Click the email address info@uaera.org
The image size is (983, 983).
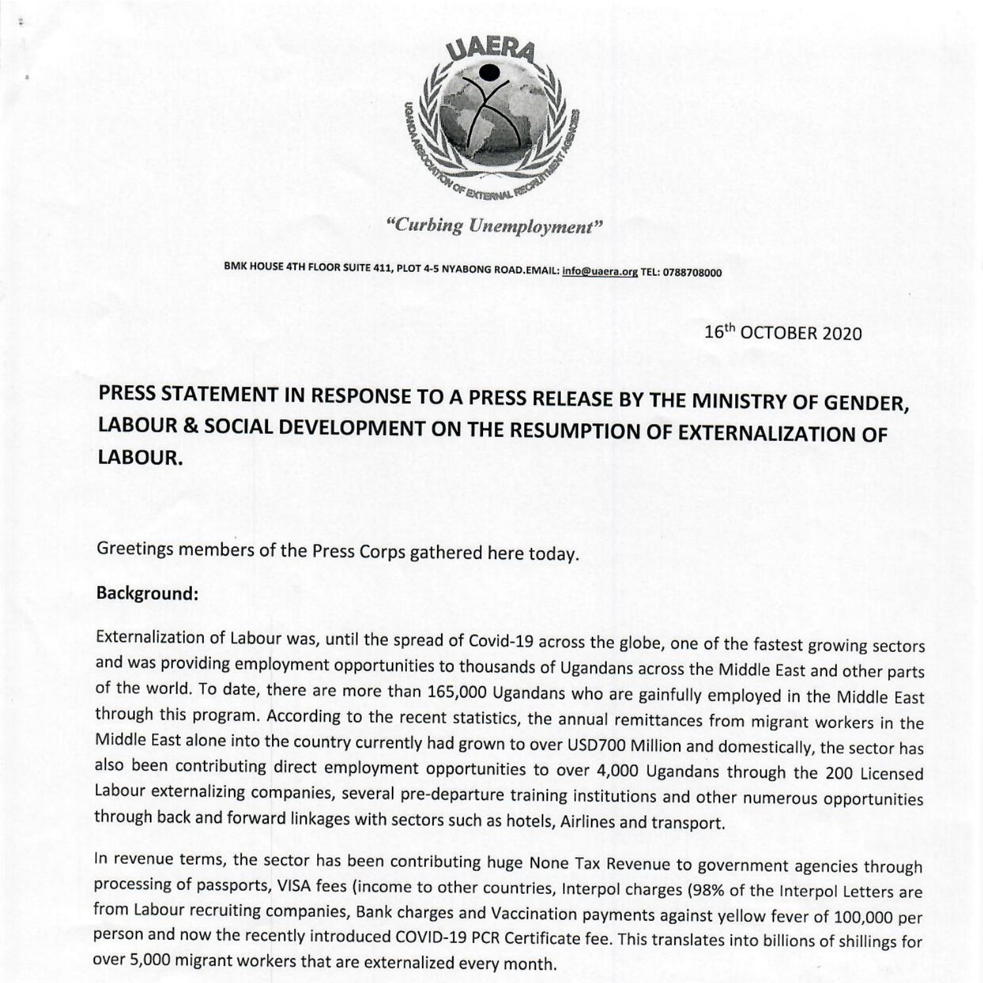pyautogui.click(x=600, y=272)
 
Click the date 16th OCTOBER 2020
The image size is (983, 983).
pyautogui.click(x=783, y=333)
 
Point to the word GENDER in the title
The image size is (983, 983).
pyautogui.click(x=866, y=402)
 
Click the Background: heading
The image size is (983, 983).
pyautogui.click(x=147, y=594)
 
